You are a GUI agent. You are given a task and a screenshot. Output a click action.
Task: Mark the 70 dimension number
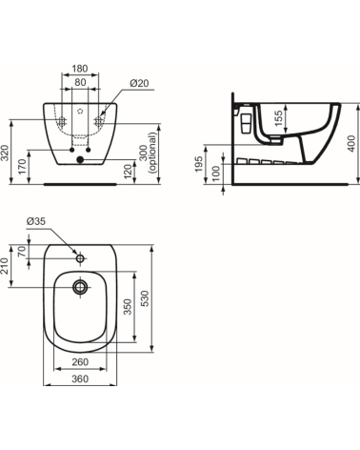coord(23,253)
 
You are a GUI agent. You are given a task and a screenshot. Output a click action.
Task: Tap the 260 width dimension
coord(80,363)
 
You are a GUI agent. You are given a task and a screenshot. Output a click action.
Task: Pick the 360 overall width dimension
coord(80,379)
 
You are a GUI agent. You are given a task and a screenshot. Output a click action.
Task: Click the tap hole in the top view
coord(80,255)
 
